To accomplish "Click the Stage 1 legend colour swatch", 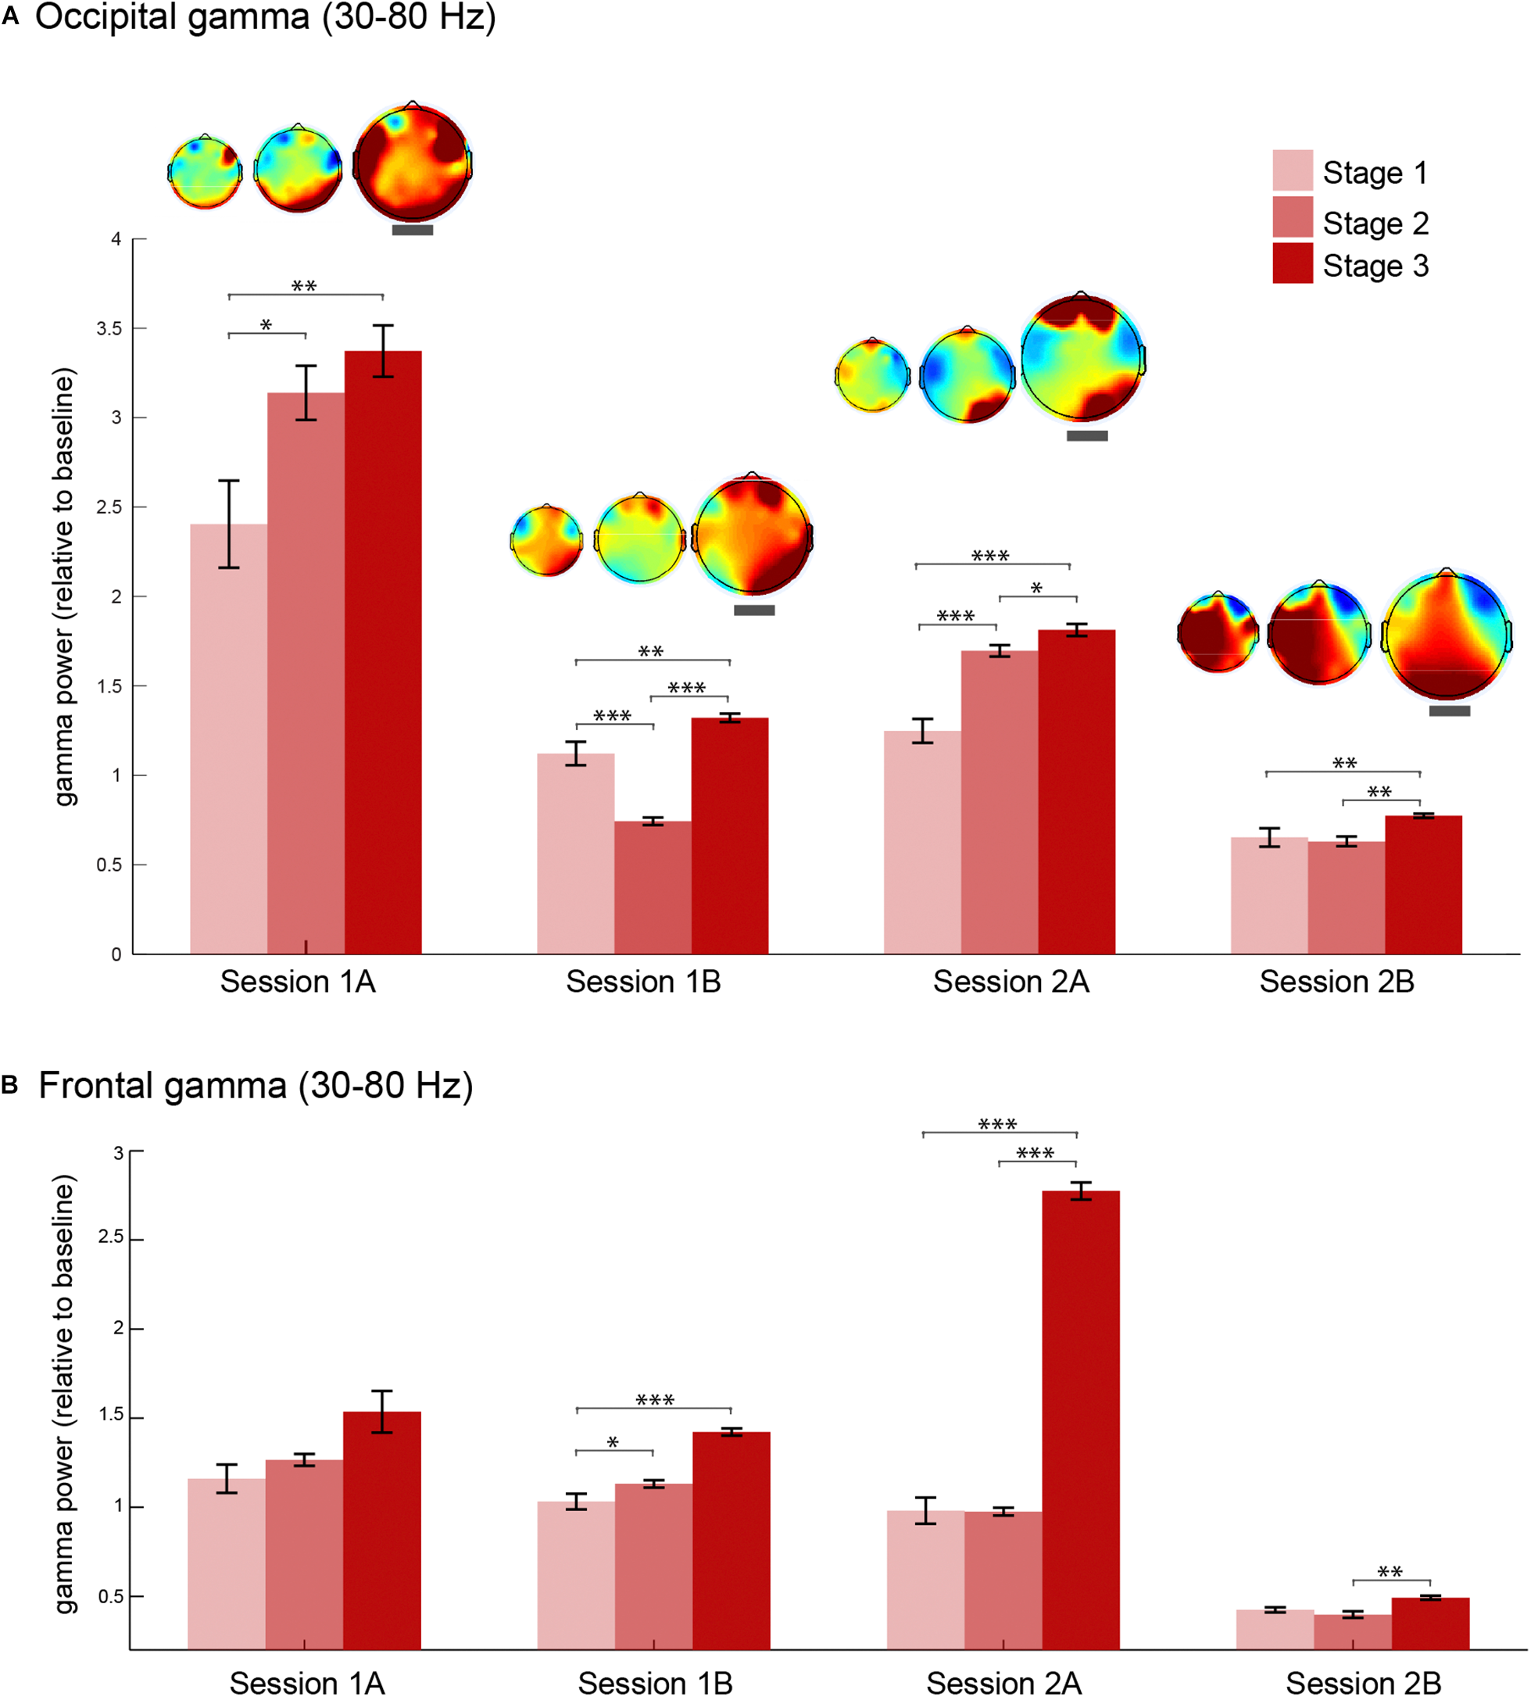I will click(1292, 170).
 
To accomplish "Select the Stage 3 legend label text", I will click(1375, 266).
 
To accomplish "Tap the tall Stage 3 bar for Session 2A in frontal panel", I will click(1080, 1422).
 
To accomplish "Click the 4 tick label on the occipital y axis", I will click(116, 239).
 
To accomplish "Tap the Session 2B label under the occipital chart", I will click(1336, 982).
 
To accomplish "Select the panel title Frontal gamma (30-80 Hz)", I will click(255, 1085).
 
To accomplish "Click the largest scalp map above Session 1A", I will click(412, 163).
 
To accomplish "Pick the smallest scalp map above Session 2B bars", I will click(1218, 632).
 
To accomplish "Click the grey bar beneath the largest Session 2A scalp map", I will click(1087, 436).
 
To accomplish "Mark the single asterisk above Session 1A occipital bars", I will click(266, 324).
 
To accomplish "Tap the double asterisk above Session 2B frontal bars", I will click(1390, 1572).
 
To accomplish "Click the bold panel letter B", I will click(10, 1085).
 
